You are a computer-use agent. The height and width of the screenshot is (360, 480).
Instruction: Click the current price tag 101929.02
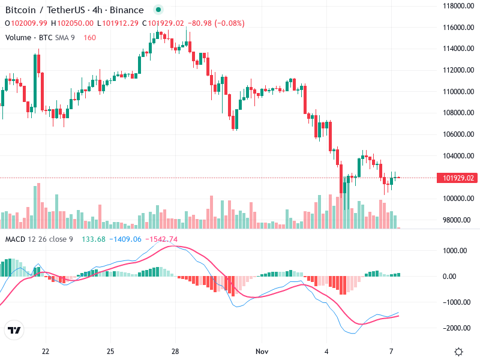(x=459, y=178)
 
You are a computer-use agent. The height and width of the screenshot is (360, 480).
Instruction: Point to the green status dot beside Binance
(x=158, y=10)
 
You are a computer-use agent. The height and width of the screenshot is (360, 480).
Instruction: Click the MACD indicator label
(x=15, y=239)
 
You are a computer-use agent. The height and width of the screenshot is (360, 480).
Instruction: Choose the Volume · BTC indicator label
(x=29, y=37)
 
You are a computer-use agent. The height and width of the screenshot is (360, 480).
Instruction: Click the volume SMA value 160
(x=89, y=37)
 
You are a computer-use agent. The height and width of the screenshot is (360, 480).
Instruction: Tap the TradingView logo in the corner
(x=14, y=330)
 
